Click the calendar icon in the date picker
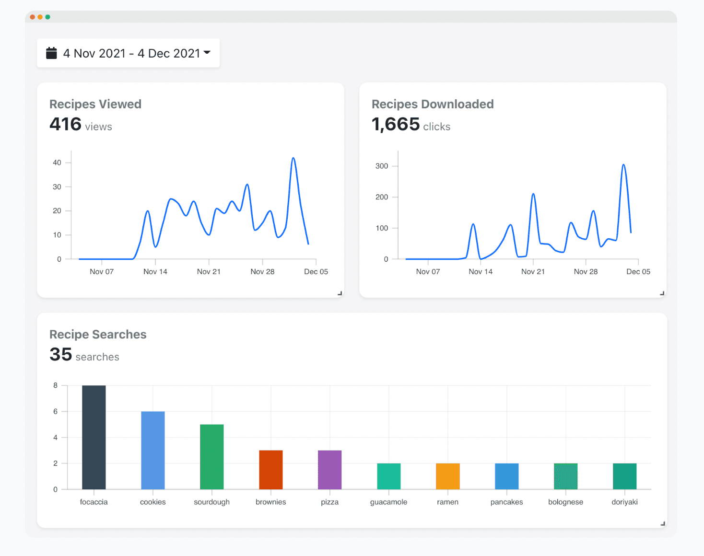coord(51,53)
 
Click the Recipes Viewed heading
coord(95,104)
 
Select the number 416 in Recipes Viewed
coord(65,124)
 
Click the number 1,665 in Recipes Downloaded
coord(396,124)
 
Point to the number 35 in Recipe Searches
coord(60,355)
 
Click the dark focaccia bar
coord(94,437)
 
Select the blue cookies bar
coord(153,450)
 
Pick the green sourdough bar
coord(212,457)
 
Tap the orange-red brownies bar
coord(271,470)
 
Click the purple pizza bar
coord(330,470)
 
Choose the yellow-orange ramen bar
coord(448,476)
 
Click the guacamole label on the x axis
coord(388,502)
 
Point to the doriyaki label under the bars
coord(624,502)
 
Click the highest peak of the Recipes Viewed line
coord(293,158)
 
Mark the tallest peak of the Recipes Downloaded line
coord(623,165)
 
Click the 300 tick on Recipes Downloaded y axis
coord(382,166)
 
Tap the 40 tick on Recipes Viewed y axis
coord(57,162)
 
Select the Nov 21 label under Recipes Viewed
coord(209,272)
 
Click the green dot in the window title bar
coord(47,17)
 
